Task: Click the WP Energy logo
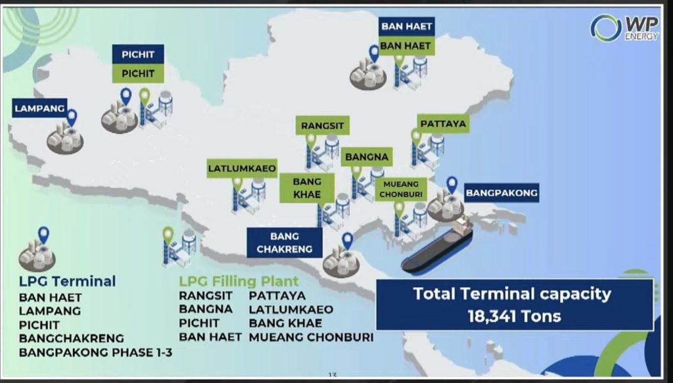624,28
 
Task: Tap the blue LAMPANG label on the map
39,108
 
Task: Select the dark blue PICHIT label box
138,54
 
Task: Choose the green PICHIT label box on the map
138,74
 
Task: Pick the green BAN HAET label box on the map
406,45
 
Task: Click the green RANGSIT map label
322,125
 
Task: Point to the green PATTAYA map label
443,124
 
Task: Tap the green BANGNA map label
367,157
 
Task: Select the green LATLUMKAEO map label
242,169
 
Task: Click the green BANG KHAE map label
307,188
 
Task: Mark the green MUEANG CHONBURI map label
401,189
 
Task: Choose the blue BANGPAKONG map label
501,192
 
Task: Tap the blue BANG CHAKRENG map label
284,242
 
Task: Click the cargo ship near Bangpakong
437,246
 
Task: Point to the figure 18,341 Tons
514,316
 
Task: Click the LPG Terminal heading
68,281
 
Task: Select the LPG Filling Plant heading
239,281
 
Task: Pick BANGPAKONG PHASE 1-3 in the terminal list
96,353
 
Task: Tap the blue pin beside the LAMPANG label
72,118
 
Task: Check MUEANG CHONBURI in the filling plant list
311,337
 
